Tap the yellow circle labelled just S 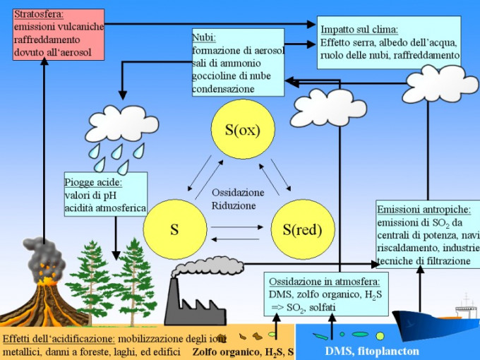tap(174, 229)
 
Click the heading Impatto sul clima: tap(359, 30)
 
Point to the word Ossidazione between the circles tap(238, 193)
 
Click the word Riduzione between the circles tap(234, 205)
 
